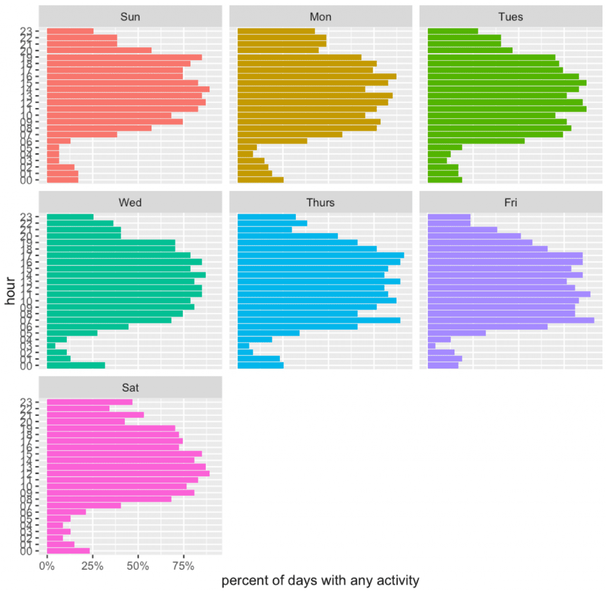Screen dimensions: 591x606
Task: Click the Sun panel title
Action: tap(130, 17)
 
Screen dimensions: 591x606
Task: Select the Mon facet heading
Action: tap(320, 17)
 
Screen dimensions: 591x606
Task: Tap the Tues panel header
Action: tap(511, 17)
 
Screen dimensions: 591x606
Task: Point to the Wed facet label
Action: tap(130, 202)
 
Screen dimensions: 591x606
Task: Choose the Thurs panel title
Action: tap(320, 202)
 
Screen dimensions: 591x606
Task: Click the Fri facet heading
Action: tap(511, 202)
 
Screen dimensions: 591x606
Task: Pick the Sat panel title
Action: tap(130, 388)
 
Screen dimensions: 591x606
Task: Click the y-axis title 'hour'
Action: tap(11, 293)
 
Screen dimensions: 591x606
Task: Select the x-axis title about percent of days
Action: tap(320, 580)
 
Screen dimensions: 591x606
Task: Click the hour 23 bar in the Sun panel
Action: tap(70, 31)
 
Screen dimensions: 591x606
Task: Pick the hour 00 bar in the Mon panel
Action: tap(260, 180)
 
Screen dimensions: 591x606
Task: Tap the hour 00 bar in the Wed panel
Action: tap(76, 365)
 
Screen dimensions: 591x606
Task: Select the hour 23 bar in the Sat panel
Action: tap(89, 402)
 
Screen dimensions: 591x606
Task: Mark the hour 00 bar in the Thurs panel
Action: tap(260, 365)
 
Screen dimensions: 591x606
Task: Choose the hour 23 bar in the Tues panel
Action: tap(453, 31)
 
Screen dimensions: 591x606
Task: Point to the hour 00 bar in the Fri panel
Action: tap(443, 365)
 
